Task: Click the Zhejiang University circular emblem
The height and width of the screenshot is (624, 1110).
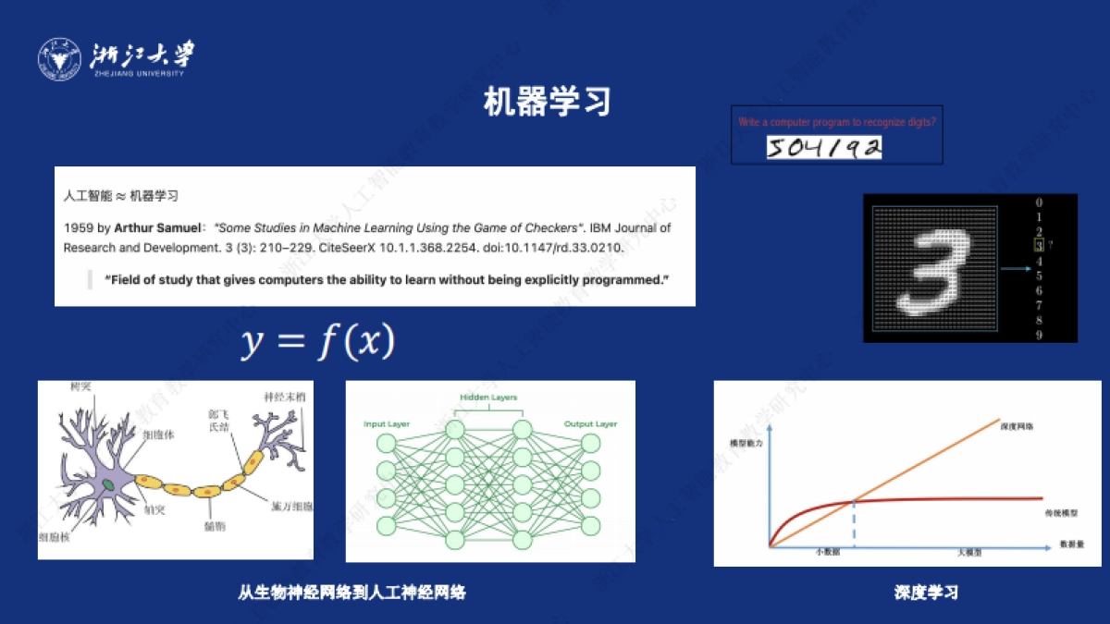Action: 59,59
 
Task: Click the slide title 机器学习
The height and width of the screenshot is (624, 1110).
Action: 548,102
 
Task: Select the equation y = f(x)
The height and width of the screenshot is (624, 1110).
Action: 318,342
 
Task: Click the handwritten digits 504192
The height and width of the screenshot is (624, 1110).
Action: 823,147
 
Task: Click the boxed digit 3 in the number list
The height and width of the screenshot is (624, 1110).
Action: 1040,246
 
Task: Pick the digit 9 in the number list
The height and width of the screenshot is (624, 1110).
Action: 1040,335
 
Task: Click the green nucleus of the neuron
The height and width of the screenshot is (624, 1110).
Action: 108,483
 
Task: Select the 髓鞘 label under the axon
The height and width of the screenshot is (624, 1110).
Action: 214,525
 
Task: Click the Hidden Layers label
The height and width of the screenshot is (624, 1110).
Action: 488,398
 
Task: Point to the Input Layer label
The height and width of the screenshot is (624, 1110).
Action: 388,424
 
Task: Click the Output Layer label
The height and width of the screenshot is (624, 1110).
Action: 590,424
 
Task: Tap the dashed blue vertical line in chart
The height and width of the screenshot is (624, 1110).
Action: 853,524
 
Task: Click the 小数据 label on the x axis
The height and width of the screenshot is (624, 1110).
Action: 826,551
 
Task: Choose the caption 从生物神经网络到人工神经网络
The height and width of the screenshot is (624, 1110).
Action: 351,593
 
